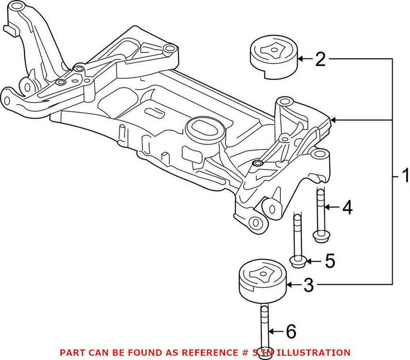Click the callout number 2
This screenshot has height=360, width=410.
coord(320,60)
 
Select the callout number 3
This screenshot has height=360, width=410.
coord(308,285)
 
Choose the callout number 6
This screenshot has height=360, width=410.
coord(290,332)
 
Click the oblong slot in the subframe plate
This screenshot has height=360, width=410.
coord(154,112)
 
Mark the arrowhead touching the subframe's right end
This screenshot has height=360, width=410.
coord(334,120)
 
